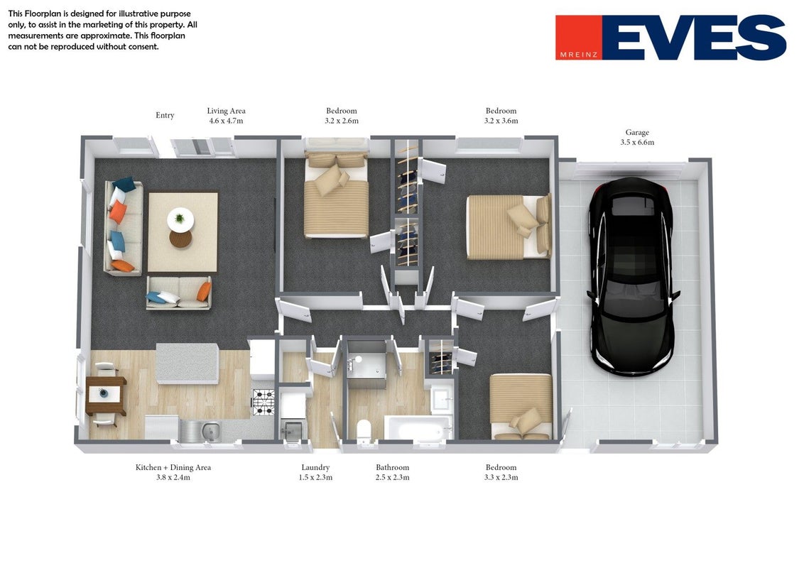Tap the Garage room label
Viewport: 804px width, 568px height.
[637, 132]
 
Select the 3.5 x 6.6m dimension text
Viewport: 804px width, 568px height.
[637, 143]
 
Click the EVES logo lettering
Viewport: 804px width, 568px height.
[694, 38]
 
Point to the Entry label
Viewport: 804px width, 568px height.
[165, 115]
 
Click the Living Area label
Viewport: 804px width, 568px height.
[226, 111]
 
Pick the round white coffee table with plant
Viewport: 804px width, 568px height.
[180, 220]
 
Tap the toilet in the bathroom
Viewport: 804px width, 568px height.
[364, 430]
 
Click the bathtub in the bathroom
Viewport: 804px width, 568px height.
[418, 427]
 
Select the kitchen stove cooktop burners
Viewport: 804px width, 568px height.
[264, 403]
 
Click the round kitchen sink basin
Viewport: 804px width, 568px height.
[210, 430]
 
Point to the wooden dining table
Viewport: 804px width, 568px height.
[106, 395]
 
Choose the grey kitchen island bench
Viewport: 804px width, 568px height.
[188, 364]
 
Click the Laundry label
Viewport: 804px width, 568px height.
[315, 467]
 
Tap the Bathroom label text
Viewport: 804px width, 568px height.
[392, 467]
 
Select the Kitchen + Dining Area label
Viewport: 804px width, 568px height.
[173, 467]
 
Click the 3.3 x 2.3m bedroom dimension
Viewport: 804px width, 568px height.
[501, 478]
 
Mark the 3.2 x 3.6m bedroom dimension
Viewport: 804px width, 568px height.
[501, 121]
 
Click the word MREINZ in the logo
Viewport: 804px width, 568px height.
[579, 55]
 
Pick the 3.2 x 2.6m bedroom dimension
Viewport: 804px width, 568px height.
[342, 121]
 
